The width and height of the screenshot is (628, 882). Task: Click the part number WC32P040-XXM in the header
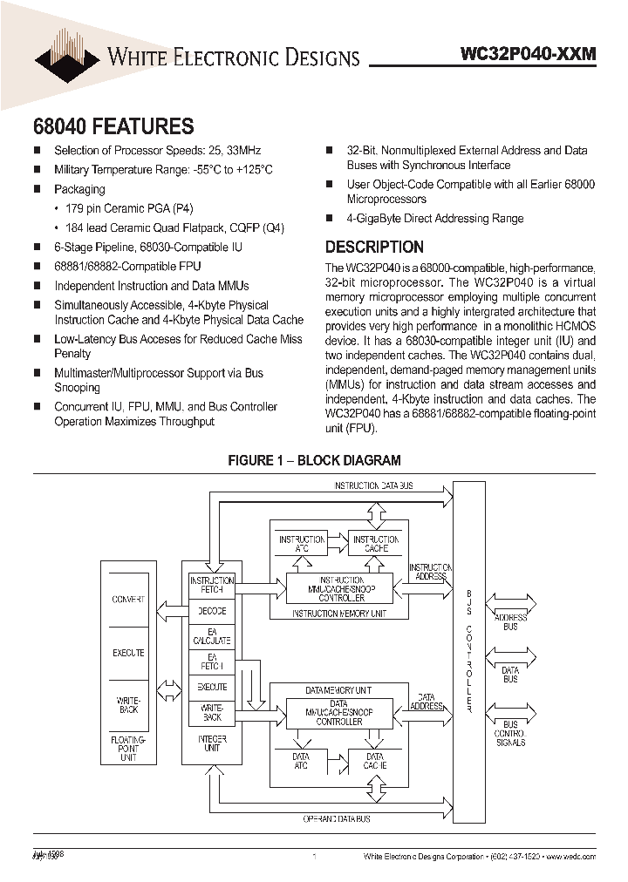click(x=528, y=54)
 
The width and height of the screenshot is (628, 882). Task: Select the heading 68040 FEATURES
click(x=113, y=126)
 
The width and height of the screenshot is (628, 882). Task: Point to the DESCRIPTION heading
click(x=374, y=247)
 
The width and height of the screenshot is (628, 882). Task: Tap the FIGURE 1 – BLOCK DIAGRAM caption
click(x=314, y=460)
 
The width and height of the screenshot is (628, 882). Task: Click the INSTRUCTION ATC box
click(x=302, y=545)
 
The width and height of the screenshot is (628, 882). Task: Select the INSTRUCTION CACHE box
click(x=376, y=545)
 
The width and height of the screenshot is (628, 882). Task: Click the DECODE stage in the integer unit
click(x=212, y=611)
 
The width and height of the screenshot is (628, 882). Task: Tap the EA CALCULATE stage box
click(x=212, y=635)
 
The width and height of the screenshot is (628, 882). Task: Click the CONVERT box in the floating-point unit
click(x=128, y=600)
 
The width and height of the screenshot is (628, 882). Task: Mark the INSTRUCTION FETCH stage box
click(x=212, y=585)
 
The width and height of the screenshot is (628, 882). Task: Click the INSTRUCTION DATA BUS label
click(x=374, y=485)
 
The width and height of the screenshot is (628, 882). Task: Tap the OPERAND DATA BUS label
click(x=337, y=819)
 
